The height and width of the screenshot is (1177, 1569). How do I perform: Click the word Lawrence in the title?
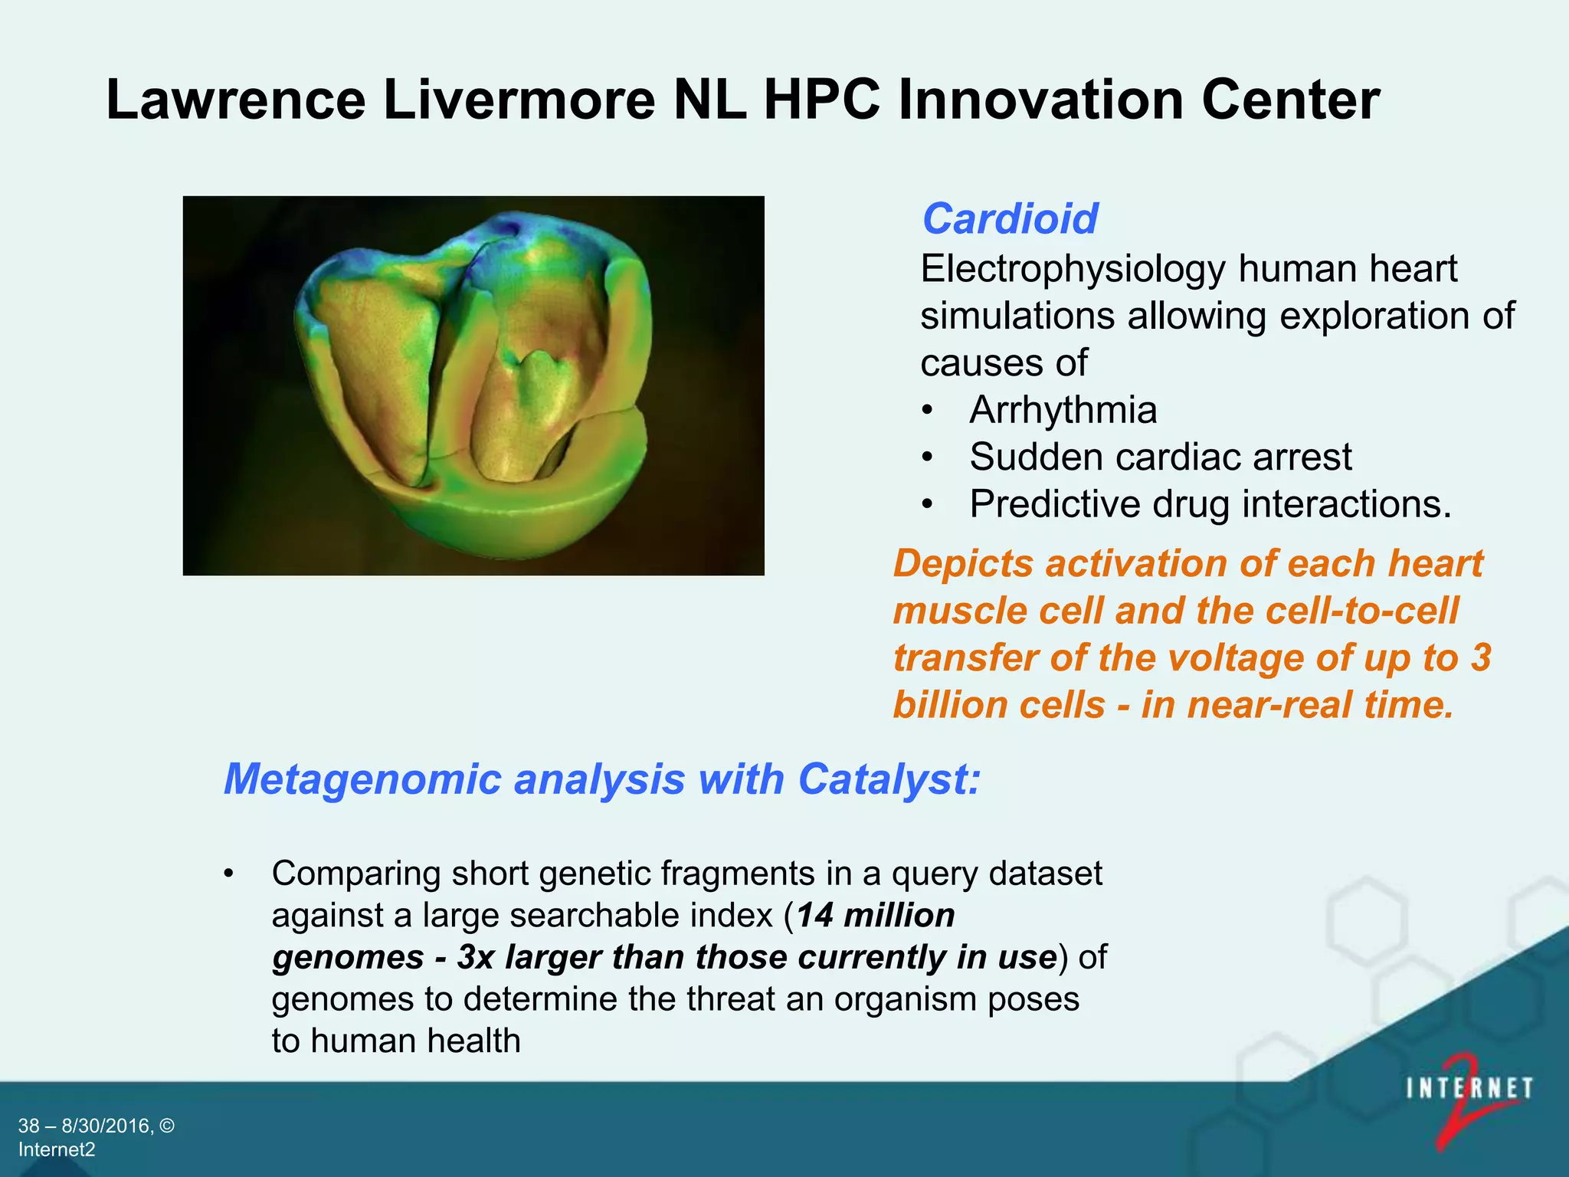pos(236,100)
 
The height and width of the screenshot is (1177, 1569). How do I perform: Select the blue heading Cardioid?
pos(1010,219)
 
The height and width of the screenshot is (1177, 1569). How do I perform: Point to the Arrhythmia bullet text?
pos(1063,410)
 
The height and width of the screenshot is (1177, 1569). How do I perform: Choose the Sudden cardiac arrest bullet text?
pos(1160,457)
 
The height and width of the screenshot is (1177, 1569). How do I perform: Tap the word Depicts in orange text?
pos(963,564)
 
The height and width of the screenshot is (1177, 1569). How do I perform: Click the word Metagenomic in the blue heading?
pos(362,779)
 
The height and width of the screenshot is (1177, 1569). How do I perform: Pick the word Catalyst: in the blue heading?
pos(889,779)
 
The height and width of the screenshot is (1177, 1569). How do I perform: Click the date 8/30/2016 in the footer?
pos(107,1126)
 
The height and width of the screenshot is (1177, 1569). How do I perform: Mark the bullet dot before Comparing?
pos(228,874)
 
